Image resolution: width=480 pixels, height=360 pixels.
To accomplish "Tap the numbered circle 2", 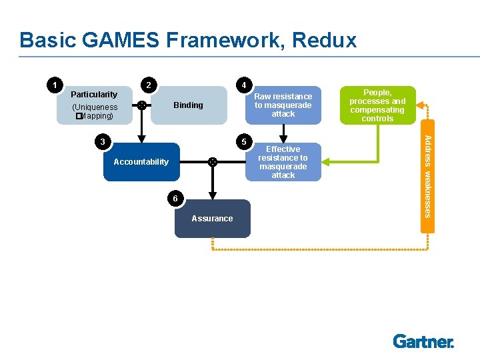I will point(151,85).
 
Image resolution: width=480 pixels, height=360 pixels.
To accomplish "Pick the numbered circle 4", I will point(245,85).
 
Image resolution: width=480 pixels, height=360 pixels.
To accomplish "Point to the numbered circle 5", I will point(245,141).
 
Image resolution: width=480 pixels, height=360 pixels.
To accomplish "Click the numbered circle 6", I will point(173,198).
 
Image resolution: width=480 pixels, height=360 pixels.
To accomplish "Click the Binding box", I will point(189,105).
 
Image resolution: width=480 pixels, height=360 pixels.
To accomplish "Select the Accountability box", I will point(141,162).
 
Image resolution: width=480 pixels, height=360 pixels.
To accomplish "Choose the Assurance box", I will point(213,219).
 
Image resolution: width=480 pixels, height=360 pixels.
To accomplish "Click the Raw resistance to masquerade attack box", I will point(283,105).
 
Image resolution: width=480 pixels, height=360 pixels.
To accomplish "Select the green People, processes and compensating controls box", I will point(377,105).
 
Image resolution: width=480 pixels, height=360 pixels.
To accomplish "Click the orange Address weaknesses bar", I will point(428,176).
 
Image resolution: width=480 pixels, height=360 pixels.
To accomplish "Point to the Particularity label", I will point(94,95).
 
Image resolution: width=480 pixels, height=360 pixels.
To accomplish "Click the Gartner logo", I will point(423,341).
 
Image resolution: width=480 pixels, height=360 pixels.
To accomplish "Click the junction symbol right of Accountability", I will point(212,161).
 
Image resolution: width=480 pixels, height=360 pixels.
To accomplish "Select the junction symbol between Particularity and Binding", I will point(141,105).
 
